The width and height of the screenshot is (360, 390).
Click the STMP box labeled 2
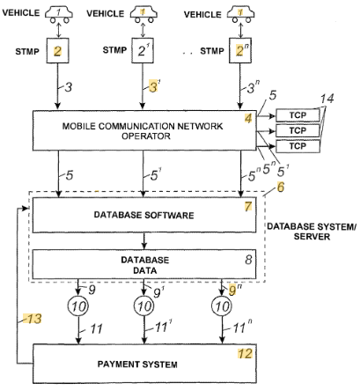(57, 50)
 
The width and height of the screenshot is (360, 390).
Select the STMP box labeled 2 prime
(143, 50)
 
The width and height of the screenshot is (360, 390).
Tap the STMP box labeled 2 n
(240, 50)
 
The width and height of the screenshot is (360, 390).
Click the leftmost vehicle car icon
(59, 15)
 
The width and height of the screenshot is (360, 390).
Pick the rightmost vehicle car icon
(240, 15)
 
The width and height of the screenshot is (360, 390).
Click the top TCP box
(298, 115)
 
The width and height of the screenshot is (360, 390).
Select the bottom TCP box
(298, 146)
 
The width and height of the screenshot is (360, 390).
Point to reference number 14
(327, 99)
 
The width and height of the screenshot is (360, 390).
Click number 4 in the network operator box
(248, 118)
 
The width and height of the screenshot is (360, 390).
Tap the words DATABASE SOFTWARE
(143, 215)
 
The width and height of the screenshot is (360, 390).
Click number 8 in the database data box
(248, 260)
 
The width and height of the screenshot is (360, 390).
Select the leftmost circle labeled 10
(78, 306)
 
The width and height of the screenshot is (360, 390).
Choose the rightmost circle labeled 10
(222, 306)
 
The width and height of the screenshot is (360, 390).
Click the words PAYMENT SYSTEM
(137, 364)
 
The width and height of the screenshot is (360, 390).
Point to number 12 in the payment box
(245, 354)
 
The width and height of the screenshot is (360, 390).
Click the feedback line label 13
(34, 319)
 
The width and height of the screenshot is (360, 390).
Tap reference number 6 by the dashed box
(281, 187)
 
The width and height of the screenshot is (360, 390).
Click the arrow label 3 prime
(154, 86)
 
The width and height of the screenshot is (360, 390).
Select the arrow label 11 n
(242, 327)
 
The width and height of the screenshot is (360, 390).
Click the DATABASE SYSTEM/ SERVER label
(312, 232)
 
